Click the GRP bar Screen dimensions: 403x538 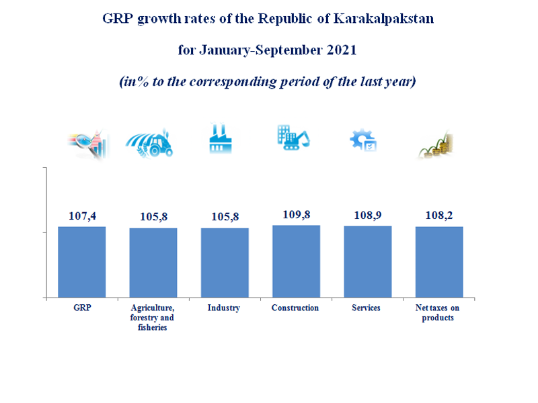[x=81, y=262]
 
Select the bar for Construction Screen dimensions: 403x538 [x=296, y=261]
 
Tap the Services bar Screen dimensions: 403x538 [x=367, y=261]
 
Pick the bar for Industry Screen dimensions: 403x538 [x=225, y=263]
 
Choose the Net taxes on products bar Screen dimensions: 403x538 [x=438, y=262]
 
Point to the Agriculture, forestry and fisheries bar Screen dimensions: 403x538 [x=153, y=263]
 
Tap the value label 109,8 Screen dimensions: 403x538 [x=296, y=215]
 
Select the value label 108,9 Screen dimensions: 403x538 [x=367, y=216]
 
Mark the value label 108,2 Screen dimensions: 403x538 [x=438, y=216]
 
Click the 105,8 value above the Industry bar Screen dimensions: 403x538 [x=225, y=218]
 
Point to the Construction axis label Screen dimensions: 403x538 [x=295, y=308]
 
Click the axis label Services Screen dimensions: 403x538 [x=367, y=308]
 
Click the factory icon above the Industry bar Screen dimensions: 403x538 [x=223, y=139]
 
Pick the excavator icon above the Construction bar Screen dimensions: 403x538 [x=293, y=138]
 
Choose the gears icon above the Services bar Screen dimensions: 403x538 [x=363, y=140]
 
